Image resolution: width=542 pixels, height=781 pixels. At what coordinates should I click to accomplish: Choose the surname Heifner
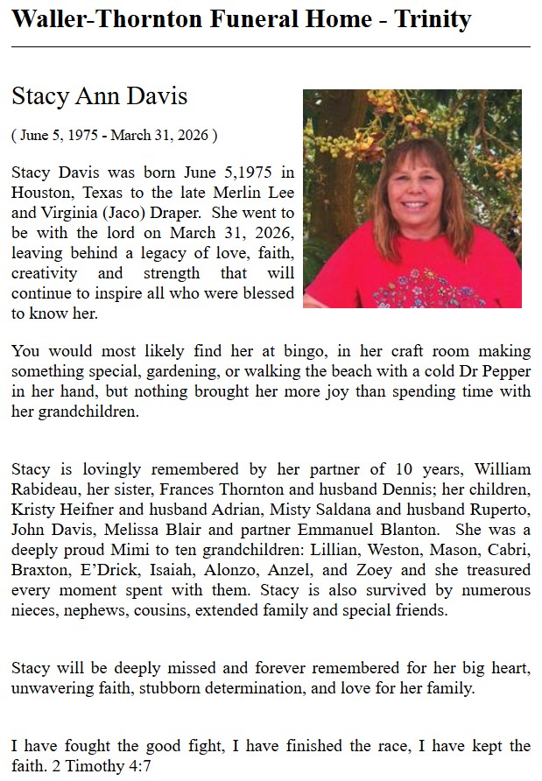[82, 509]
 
